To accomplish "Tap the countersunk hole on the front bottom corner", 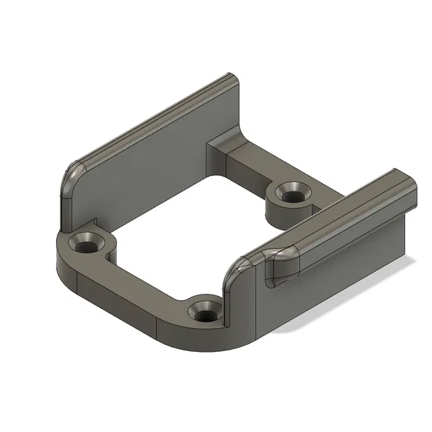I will (205, 312).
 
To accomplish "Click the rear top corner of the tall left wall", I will (231, 79).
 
